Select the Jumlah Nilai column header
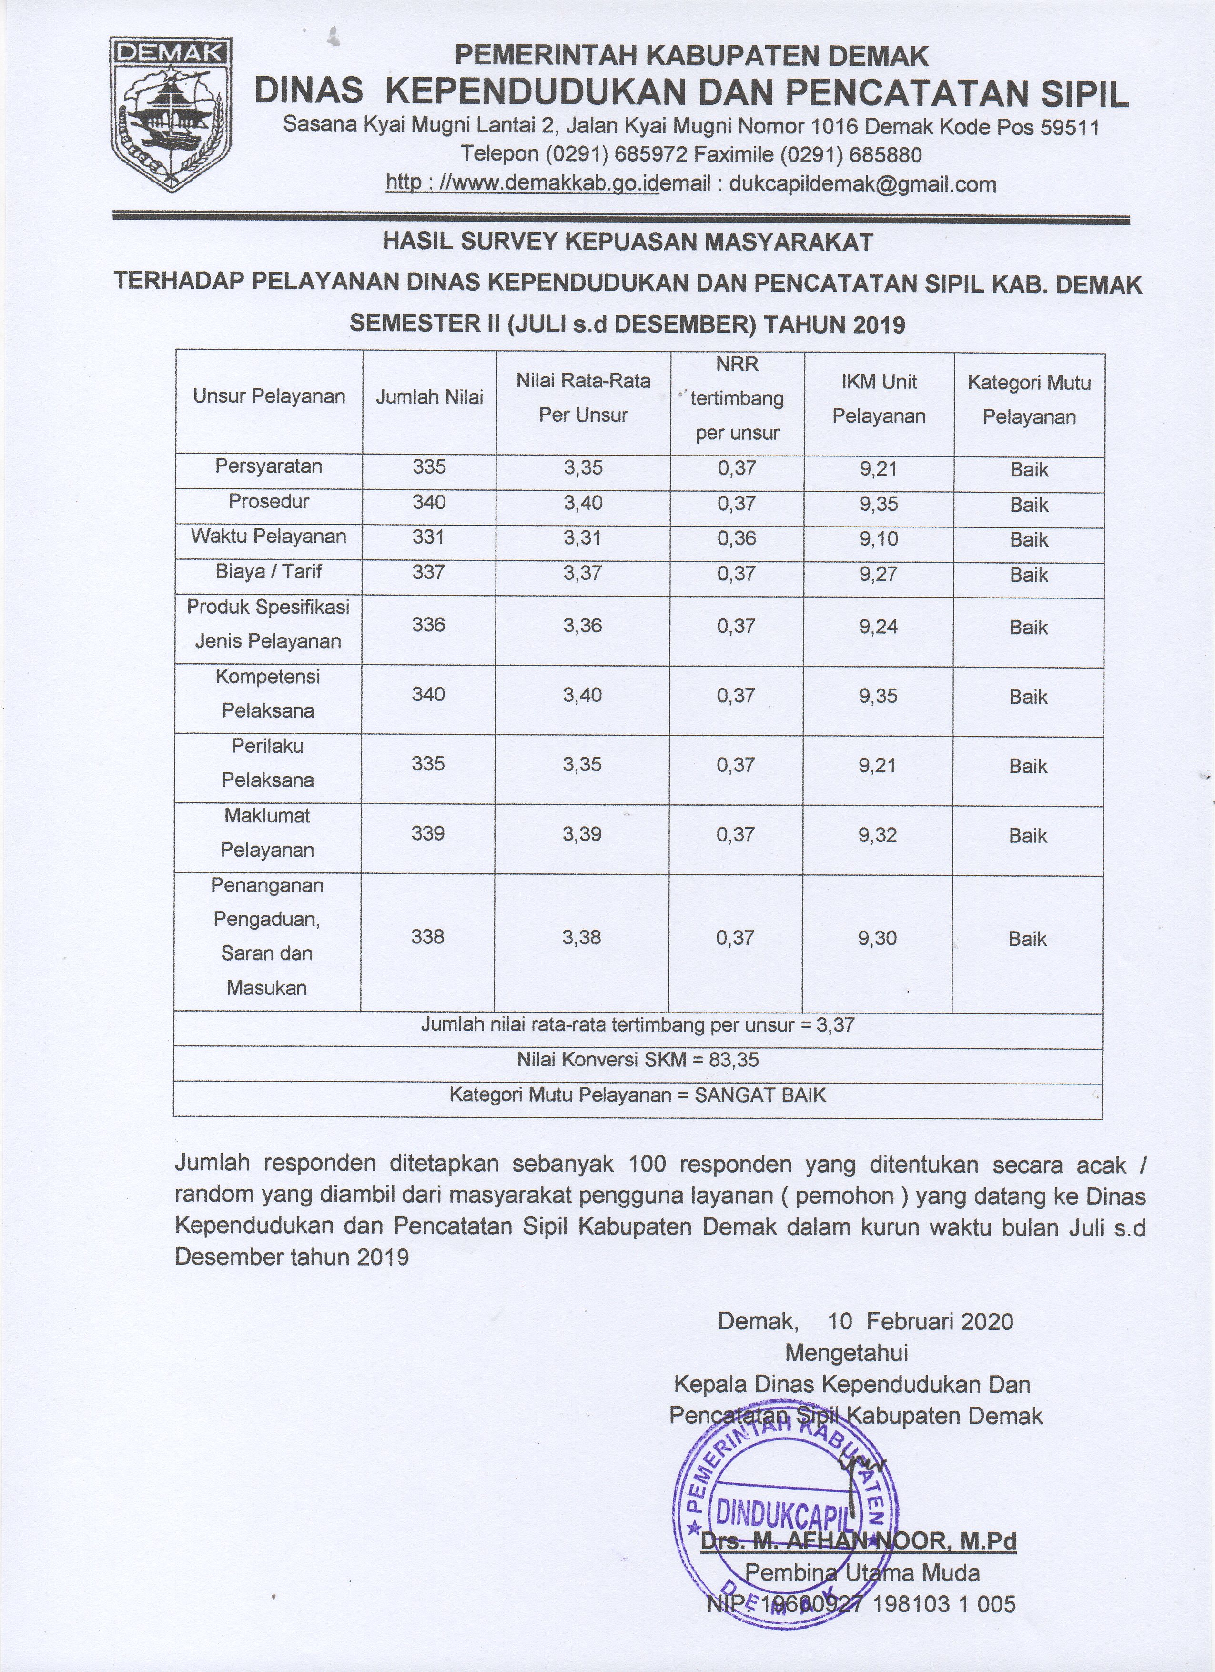[x=429, y=397]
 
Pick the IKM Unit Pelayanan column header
[x=879, y=399]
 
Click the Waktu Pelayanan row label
[x=268, y=536]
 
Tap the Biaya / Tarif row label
[x=268, y=571]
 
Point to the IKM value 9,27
[x=878, y=574]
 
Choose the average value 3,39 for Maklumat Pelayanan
[x=582, y=834]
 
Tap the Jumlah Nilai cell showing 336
[x=429, y=625]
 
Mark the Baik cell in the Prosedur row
[x=1029, y=505]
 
